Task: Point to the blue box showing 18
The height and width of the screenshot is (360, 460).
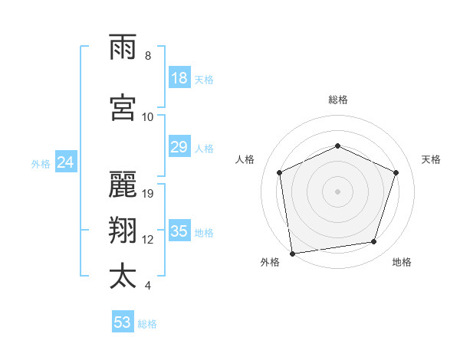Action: (x=179, y=77)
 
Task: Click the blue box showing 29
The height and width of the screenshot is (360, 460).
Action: (x=179, y=147)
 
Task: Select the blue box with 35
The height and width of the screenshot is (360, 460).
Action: (x=179, y=231)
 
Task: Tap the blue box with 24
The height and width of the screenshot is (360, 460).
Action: (x=66, y=162)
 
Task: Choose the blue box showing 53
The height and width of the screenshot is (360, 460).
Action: (x=123, y=322)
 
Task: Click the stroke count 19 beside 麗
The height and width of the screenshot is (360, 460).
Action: (x=149, y=193)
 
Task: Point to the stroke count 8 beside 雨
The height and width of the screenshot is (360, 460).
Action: (x=148, y=56)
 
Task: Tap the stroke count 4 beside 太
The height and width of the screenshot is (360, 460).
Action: (x=148, y=286)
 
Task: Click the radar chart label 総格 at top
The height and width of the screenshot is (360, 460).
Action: (x=337, y=100)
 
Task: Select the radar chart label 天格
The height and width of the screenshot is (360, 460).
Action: (x=432, y=159)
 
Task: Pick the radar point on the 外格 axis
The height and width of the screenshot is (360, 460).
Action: (x=291, y=253)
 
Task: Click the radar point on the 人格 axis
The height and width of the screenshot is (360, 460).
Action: (x=280, y=172)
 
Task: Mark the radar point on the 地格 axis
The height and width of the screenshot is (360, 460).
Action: (x=373, y=242)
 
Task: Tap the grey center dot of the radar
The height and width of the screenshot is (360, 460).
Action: (x=337, y=191)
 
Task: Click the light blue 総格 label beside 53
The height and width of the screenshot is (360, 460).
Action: (x=147, y=324)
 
